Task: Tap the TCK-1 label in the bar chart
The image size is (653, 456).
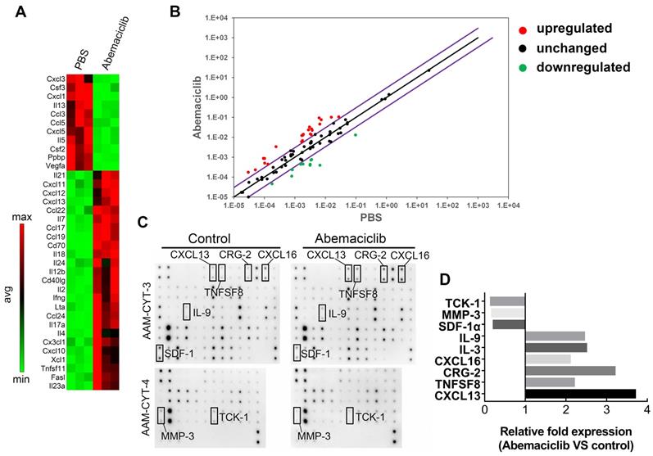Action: pyautogui.click(x=471, y=302)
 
